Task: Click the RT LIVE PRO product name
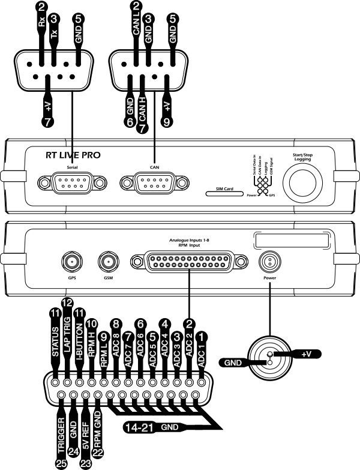pos(73,155)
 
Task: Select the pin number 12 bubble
pos(67,305)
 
